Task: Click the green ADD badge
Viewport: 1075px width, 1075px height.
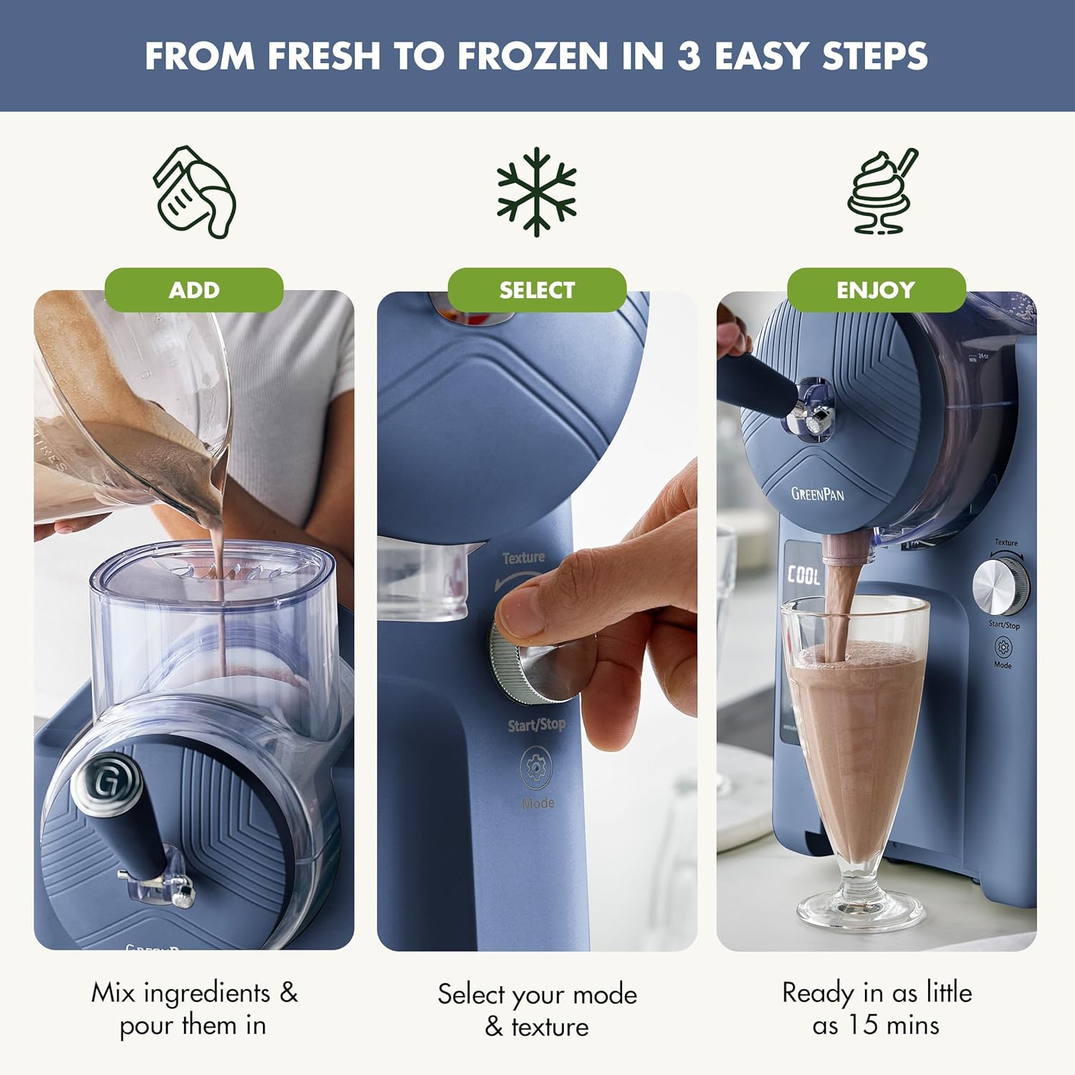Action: pyautogui.click(x=194, y=290)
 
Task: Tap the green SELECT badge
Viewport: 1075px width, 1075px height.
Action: pyautogui.click(x=537, y=290)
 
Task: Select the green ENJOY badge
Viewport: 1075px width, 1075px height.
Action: pyautogui.click(x=876, y=290)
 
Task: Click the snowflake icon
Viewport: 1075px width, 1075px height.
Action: pyautogui.click(x=537, y=191)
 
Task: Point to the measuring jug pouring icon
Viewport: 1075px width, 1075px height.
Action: pyautogui.click(x=194, y=192)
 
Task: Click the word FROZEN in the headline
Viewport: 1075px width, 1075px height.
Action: pyautogui.click(x=533, y=56)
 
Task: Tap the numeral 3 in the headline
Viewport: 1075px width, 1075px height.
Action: pyautogui.click(x=689, y=56)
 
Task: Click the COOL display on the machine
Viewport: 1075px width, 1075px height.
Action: pyautogui.click(x=803, y=575)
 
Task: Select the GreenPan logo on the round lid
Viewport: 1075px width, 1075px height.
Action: pyautogui.click(x=817, y=494)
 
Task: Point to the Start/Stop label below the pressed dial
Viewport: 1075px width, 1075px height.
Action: pyautogui.click(x=536, y=725)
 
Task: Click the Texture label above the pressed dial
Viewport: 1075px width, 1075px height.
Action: pyautogui.click(x=523, y=558)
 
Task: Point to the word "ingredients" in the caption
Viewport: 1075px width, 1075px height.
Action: pyautogui.click(x=207, y=993)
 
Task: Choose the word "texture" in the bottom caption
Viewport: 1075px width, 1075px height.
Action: pyautogui.click(x=550, y=1027)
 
